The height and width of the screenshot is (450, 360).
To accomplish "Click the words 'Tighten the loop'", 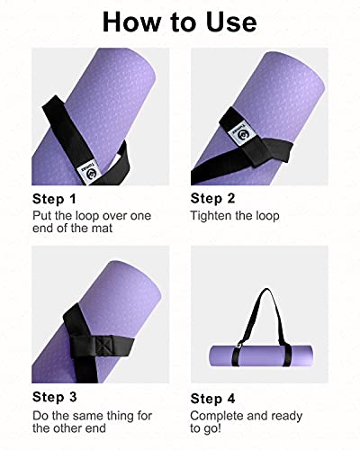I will pos(235,216).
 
